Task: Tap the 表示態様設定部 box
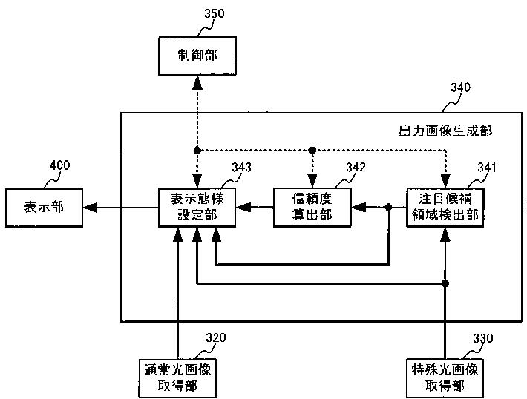coord(197,208)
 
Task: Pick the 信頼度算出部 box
coord(312,208)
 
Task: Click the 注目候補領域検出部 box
coord(445,208)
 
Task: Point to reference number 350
coord(214,13)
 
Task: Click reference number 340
coord(460,88)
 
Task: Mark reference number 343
coord(241,168)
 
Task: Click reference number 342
coord(356,168)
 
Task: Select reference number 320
coord(215,338)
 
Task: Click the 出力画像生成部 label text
coord(445,131)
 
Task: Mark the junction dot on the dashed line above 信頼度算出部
coord(312,151)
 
